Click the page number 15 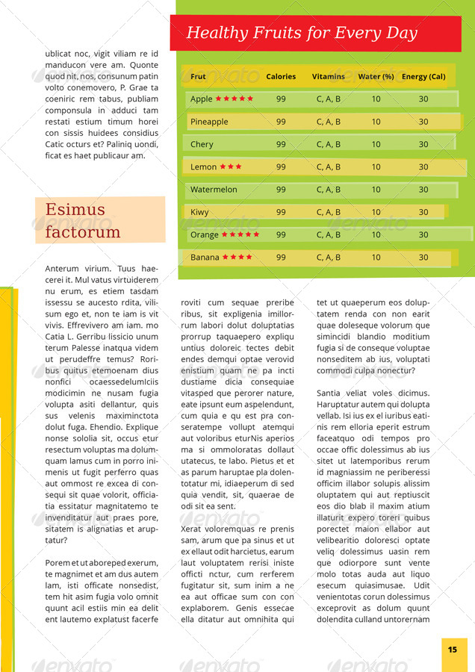[453, 650]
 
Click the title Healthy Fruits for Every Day [302, 33]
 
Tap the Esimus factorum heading [83, 220]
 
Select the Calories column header [281, 76]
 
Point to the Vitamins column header [329, 76]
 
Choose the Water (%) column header [376, 76]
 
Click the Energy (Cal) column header [423, 76]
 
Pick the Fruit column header [198, 76]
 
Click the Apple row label [201, 99]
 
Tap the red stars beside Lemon [231, 167]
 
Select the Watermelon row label [214, 190]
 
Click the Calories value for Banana [281, 258]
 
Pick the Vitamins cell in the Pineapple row [329, 122]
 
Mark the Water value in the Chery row [376, 144]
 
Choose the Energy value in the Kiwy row [423, 212]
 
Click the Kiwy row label [199, 212]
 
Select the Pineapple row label [209, 122]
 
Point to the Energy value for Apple [423, 99]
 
